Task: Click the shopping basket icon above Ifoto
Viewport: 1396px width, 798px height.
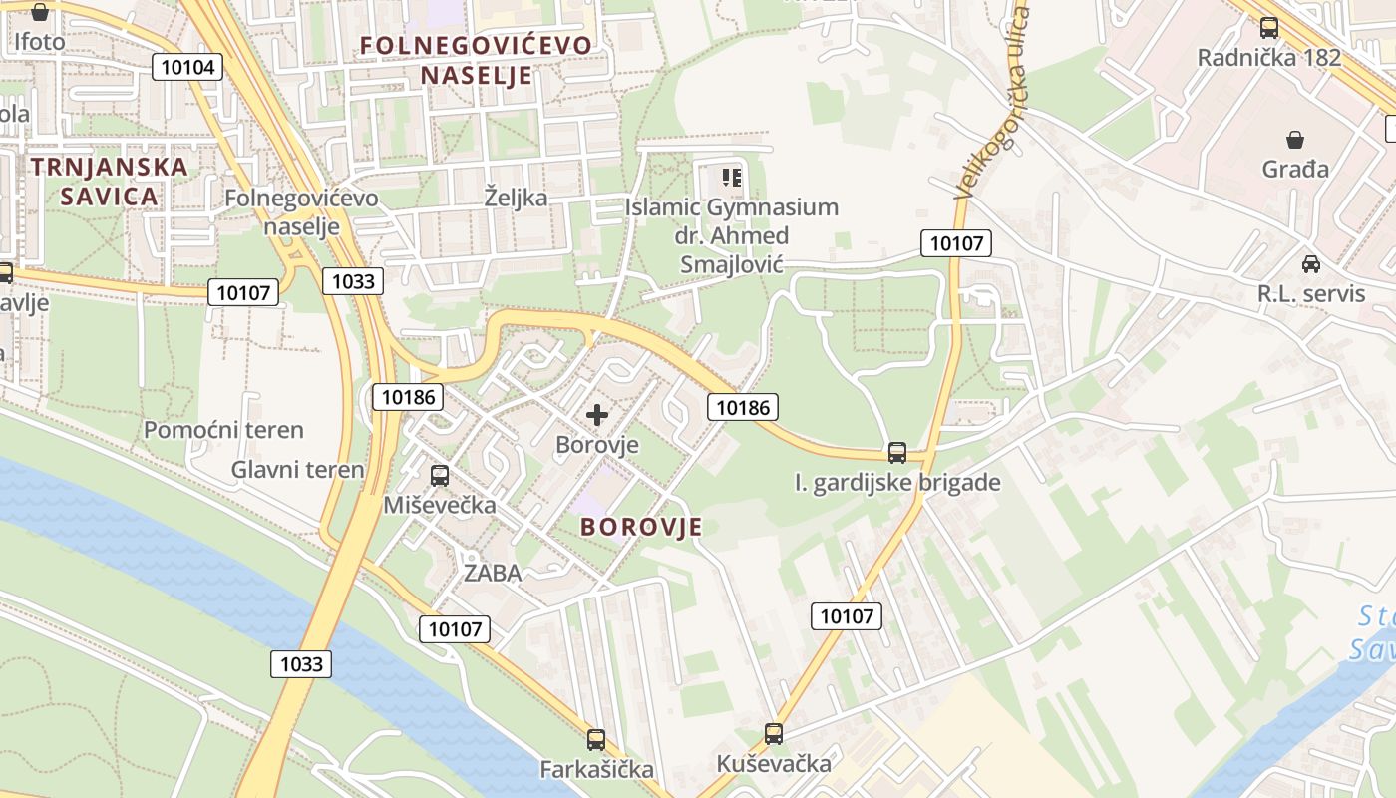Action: pyautogui.click(x=39, y=13)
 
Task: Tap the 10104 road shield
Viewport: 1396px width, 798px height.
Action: pyautogui.click(x=187, y=67)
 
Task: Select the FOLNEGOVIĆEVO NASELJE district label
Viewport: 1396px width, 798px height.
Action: pyautogui.click(x=476, y=60)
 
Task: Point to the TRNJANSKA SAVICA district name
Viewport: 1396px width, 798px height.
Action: pyautogui.click(x=109, y=181)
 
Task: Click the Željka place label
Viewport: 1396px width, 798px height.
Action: pyautogui.click(x=516, y=197)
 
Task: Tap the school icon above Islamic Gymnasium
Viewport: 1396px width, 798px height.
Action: pyautogui.click(x=732, y=178)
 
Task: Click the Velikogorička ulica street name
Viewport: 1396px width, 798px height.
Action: pyautogui.click(x=991, y=103)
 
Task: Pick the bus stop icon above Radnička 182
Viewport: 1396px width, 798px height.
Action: pyautogui.click(x=1268, y=28)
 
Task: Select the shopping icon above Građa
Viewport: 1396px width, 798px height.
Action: pyautogui.click(x=1295, y=140)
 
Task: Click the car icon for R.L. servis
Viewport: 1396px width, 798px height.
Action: pyautogui.click(x=1310, y=264)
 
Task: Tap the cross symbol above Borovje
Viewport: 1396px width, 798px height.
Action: pyautogui.click(x=597, y=415)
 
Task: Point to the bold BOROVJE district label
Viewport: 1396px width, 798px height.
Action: pyautogui.click(x=641, y=527)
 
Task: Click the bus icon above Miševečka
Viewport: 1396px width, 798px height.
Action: pyautogui.click(x=439, y=476)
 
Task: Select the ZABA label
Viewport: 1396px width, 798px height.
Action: pyautogui.click(x=493, y=573)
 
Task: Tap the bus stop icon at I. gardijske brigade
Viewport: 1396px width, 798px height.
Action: pyautogui.click(x=897, y=453)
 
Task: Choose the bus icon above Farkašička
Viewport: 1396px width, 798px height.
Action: pyautogui.click(x=596, y=739)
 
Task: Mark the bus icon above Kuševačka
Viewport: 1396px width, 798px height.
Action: pyautogui.click(x=773, y=734)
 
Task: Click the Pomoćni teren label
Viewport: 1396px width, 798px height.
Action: pyautogui.click(x=223, y=430)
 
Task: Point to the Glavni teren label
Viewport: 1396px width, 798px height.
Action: pyautogui.click(x=297, y=469)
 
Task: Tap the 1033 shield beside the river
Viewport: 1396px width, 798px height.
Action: pyautogui.click(x=301, y=664)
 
